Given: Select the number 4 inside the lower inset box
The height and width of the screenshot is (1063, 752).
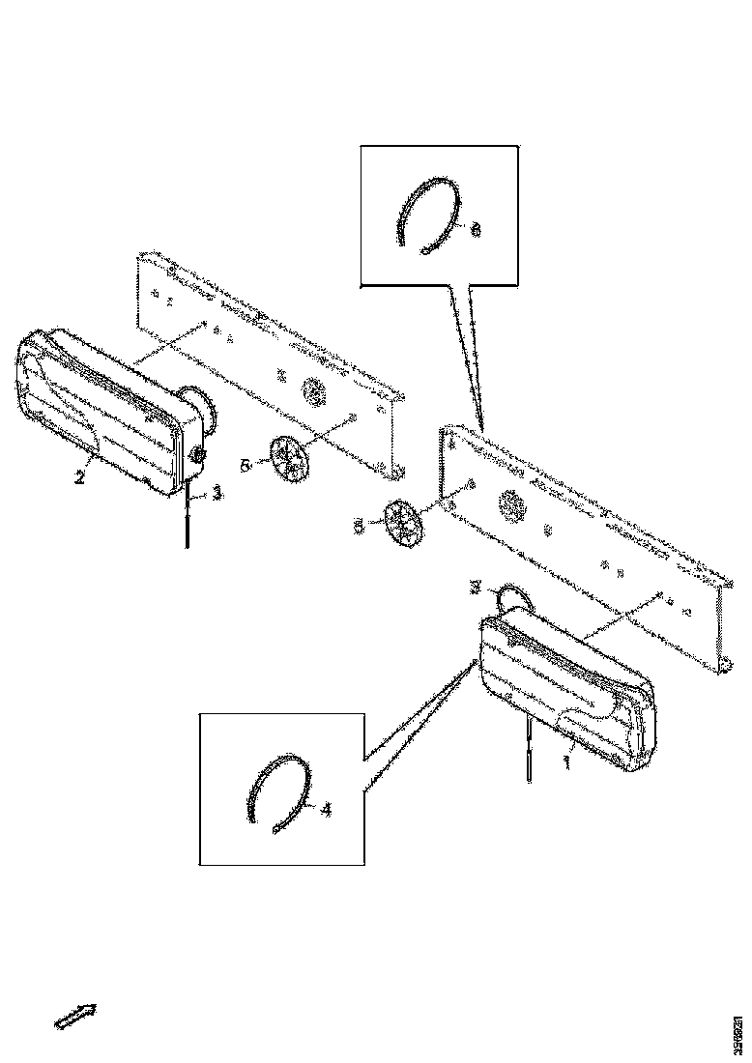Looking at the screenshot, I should [x=326, y=810].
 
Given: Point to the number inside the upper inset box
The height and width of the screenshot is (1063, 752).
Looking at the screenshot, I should [x=475, y=230].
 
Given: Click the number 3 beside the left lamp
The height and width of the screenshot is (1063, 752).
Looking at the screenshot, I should [x=217, y=492].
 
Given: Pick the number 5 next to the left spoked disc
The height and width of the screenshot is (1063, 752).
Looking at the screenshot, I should [x=246, y=465].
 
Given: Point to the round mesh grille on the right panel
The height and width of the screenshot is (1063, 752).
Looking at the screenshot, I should [x=512, y=503].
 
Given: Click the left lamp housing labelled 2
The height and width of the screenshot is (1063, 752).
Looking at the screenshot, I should [x=97, y=406].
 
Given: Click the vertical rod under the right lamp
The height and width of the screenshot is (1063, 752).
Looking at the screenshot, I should [x=529, y=749].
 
